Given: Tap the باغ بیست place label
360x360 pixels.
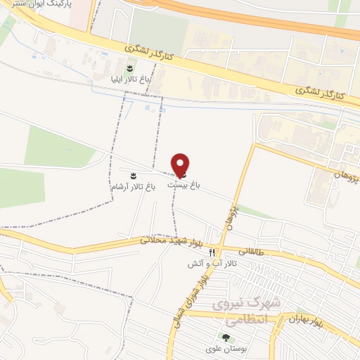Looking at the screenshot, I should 184,184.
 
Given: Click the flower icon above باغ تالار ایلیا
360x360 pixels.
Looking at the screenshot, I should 129,68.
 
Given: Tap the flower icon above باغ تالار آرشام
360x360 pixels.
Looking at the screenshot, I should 132,172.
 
